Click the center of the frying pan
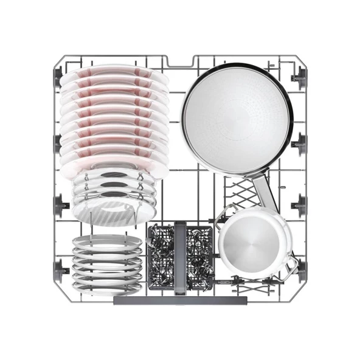[237, 117]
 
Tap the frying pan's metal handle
[264, 190]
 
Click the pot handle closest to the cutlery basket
[224, 212]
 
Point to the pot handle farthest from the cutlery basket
[290, 264]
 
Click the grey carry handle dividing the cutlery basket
[180, 255]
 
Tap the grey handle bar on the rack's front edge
[180, 300]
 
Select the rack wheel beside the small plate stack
[59, 267]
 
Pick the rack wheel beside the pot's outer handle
[300, 266]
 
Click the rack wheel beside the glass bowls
[60, 205]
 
